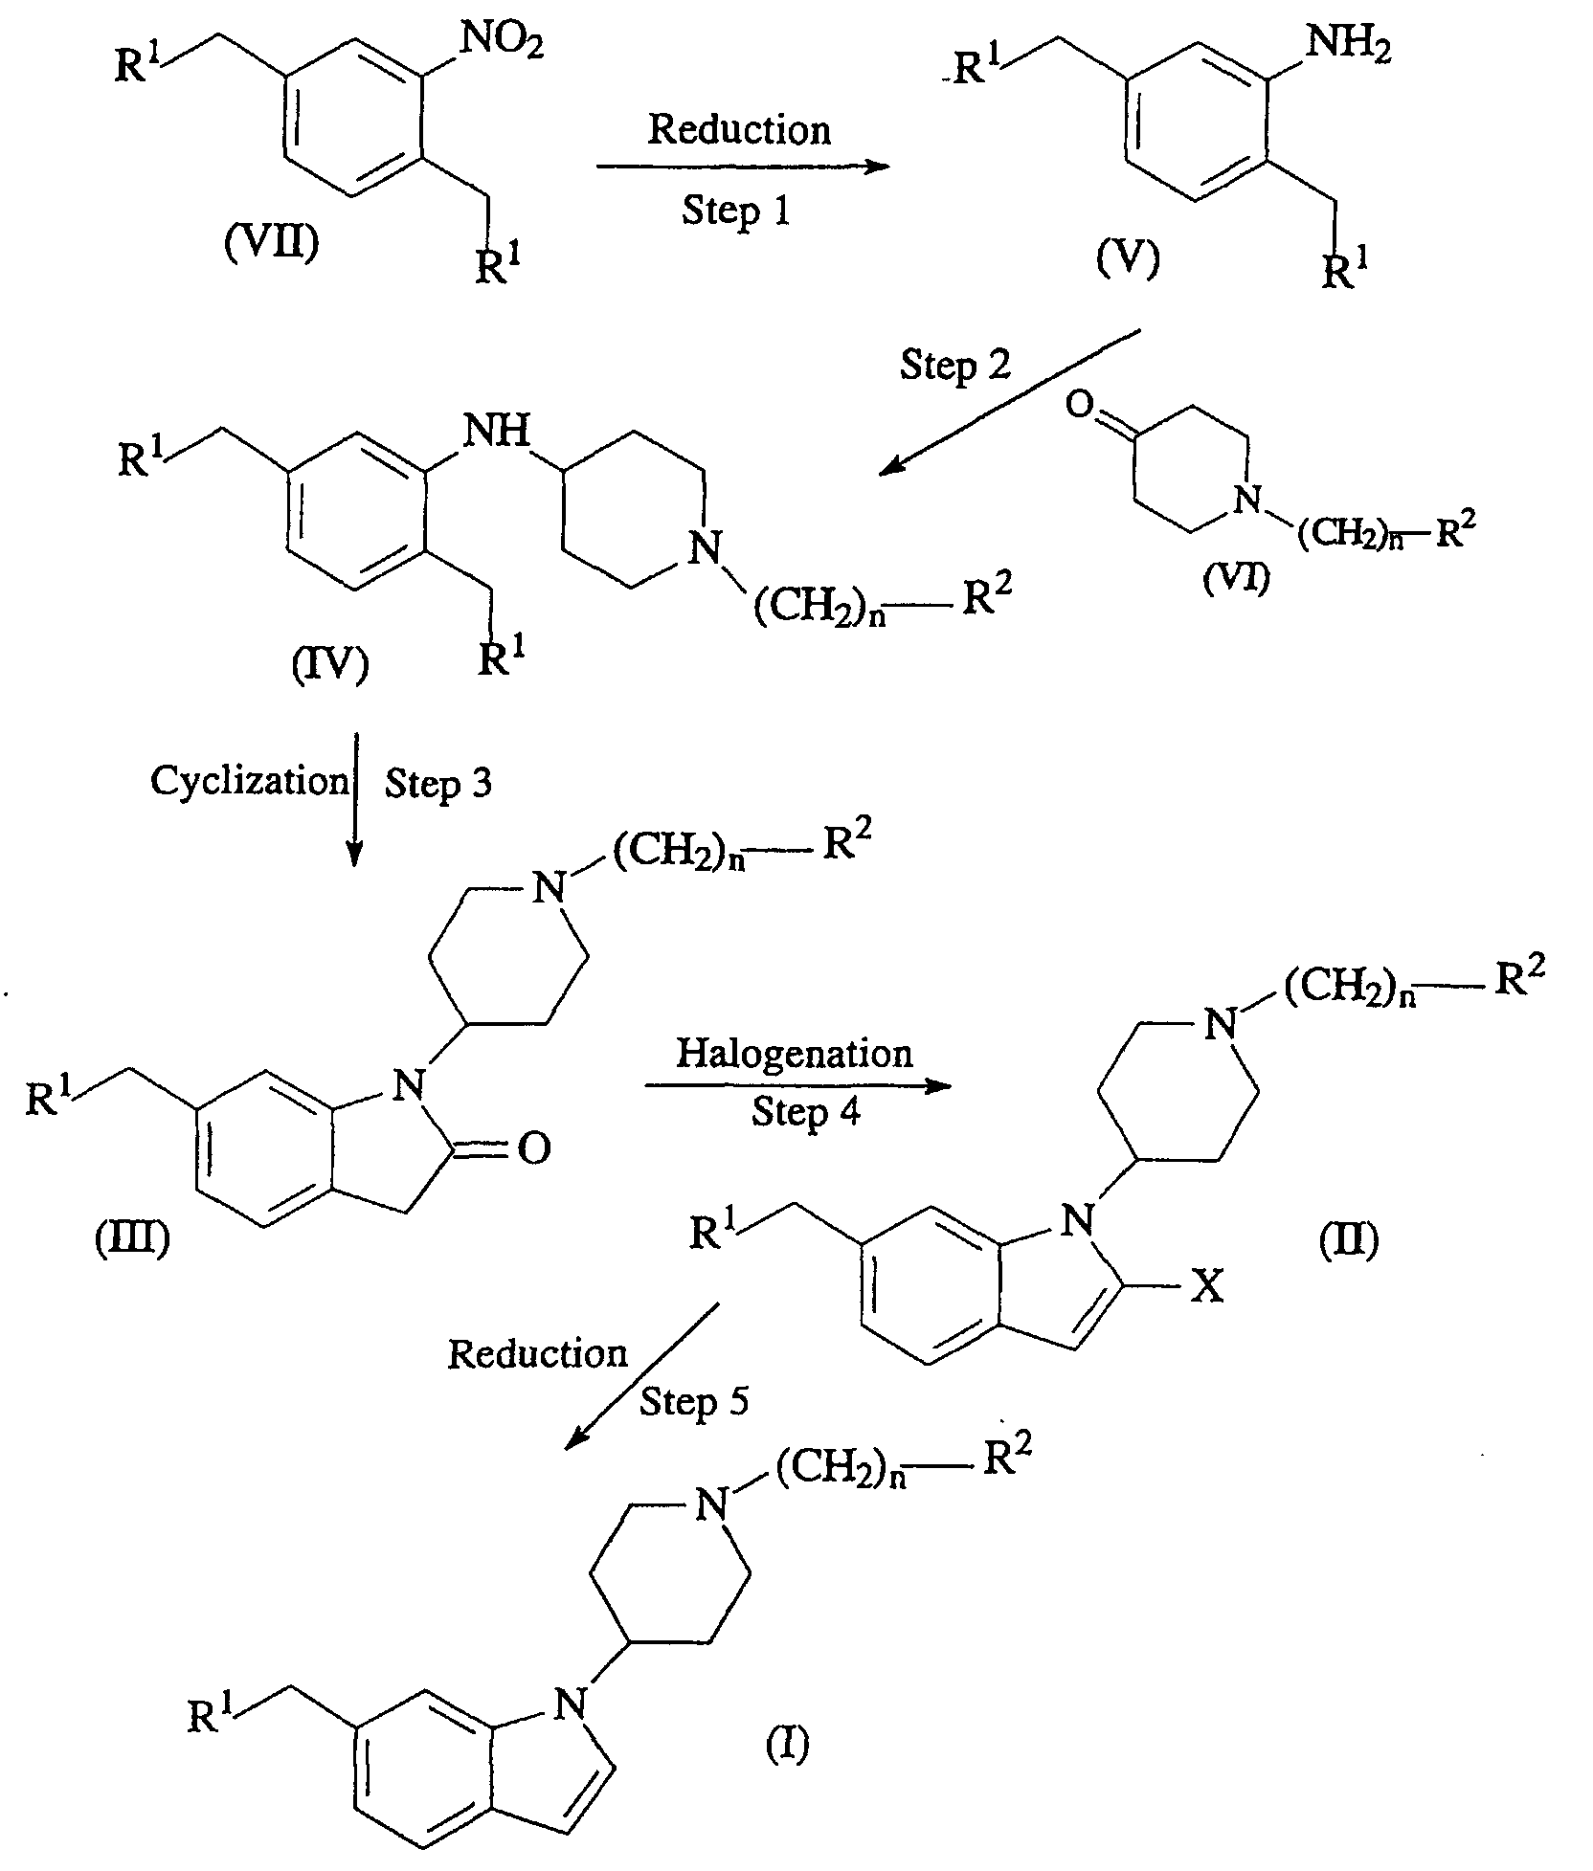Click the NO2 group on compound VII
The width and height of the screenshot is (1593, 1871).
[x=502, y=42]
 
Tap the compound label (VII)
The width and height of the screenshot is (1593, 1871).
[x=271, y=243]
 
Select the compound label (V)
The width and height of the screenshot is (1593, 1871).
[x=1128, y=256]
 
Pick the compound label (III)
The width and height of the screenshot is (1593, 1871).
[x=133, y=1239]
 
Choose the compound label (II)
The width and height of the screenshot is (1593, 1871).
[x=1348, y=1241]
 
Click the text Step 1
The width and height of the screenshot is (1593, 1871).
[x=736, y=210]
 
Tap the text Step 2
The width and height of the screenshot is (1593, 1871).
[x=955, y=365]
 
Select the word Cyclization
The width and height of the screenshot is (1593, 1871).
[x=250, y=782]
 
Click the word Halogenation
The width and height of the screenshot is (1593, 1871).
[x=795, y=1054]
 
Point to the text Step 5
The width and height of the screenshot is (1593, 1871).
[x=694, y=1402]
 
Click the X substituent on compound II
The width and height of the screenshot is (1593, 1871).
[x=1208, y=1287]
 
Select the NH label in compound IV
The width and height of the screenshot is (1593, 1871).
[x=497, y=432]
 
